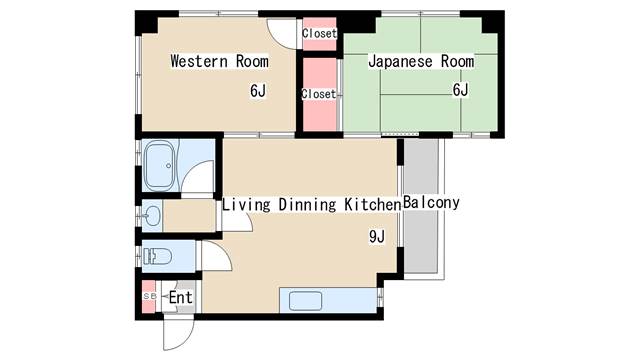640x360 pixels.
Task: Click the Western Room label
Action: (x=219, y=61)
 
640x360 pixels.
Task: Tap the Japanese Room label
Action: (x=420, y=61)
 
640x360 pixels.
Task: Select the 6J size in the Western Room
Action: (x=258, y=91)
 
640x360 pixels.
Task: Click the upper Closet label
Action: (x=319, y=33)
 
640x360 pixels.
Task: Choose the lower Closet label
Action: (x=319, y=94)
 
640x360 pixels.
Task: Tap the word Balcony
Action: (x=431, y=203)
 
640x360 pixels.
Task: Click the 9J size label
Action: (x=377, y=237)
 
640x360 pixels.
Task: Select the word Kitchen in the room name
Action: (x=372, y=204)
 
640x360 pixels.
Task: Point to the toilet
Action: (x=157, y=256)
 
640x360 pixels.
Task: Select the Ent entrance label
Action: (x=180, y=298)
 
